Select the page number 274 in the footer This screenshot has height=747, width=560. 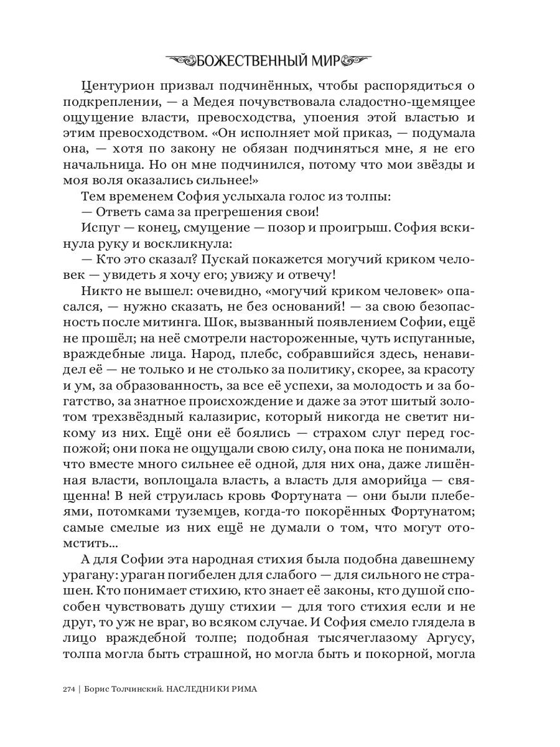click(69, 689)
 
